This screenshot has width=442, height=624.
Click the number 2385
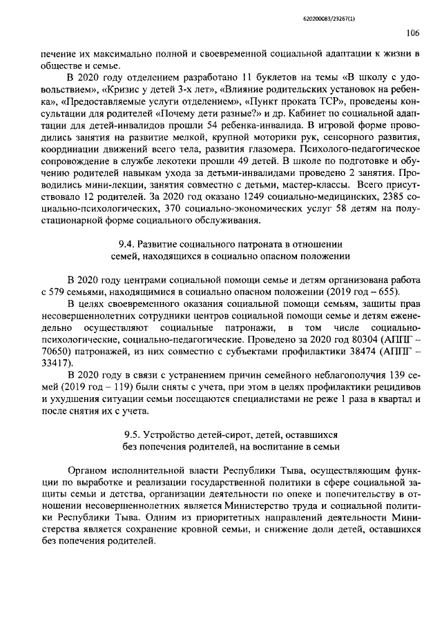(x=390, y=197)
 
